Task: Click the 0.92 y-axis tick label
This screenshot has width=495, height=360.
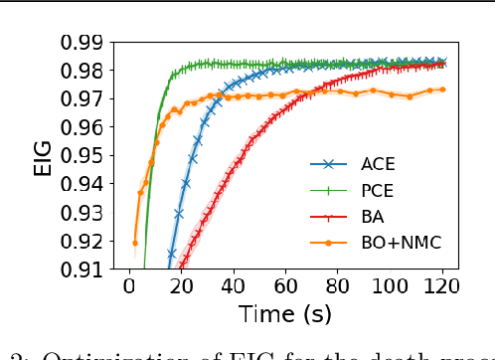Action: click(x=82, y=241)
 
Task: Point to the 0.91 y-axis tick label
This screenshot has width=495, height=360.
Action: click(x=82, y=270)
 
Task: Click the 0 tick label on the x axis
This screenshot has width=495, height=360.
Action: click(x=129, y=286)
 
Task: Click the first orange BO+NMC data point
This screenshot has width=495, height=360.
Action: click(x=134, y=242)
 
